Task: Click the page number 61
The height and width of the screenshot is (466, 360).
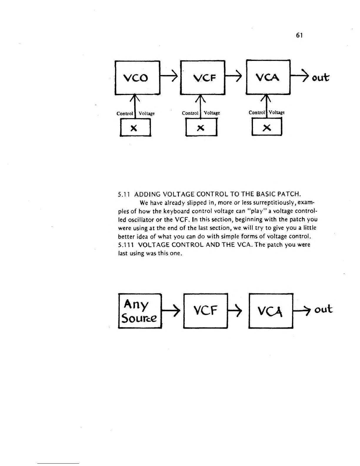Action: click(x=299, y=35)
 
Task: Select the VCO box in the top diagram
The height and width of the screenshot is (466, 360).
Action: click(x=137, y=78)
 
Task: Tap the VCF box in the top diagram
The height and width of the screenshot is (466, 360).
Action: click(x=202, y=78)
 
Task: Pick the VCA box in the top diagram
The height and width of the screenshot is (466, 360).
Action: click(x=268, y=77)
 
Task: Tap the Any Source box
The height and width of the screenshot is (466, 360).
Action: click(x=139, y=311)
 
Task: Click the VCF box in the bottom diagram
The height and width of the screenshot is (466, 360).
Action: click(x=205, y=311)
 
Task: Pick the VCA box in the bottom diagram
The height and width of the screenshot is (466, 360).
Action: click(x=271, y=311)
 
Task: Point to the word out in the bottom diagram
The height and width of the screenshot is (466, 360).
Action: click(x=323, y=309)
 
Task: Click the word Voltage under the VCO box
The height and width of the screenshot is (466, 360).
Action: click(x=146, y=114)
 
